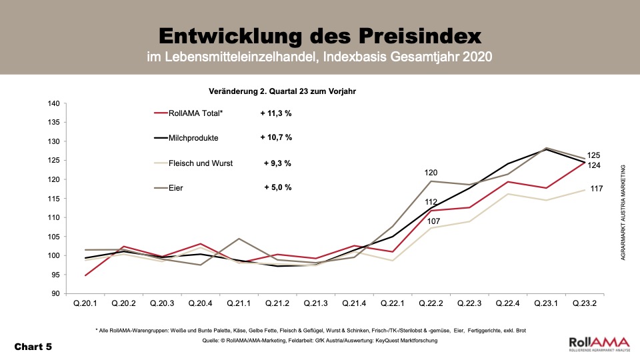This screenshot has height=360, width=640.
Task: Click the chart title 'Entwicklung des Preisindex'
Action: pyautogui.click(x=319, y=34)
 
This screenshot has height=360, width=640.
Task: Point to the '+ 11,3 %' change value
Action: pyautogui.click(x=276, y=113)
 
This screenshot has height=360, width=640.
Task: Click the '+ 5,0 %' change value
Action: pyautogui.click(x=278, y=188)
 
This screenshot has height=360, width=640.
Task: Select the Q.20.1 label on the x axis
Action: pyautogui.click(x=85, y=303)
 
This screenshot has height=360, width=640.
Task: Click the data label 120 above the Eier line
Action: pyautogui.click(x=432, y=173)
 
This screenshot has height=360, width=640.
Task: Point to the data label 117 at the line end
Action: pyautogui.click(x=597, y=189)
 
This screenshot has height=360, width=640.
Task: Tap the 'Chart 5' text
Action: pyautogui.click(x=33, y=347)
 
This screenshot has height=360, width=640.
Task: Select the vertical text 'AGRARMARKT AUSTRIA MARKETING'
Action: pyautogui.click(x=623, y=212)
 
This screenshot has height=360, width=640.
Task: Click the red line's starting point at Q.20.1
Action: pyautogui.click(x=85, y=275)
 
